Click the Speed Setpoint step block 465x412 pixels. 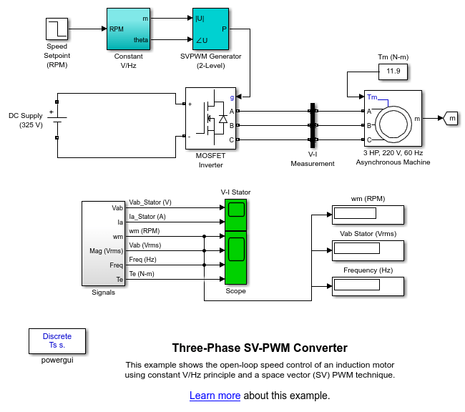pyautogui.click(x=57, y=29)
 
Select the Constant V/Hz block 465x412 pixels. pyautogui.click(x=128, y=29)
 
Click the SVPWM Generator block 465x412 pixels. pyautogui.click(x=210, y=29)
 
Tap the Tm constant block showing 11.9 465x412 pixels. pyautogui.click(x=393, y=72)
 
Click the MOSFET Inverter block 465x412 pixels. pyautogui.click(x=210, y=118)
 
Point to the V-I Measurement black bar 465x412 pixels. pyautogui.click(x=313, y=125)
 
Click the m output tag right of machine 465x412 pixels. pyautogui.click(x=451, y=118)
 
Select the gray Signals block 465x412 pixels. pyautogui.click(x=103, y=243)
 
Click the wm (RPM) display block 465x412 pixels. pyautogui.click(x=368, y=215)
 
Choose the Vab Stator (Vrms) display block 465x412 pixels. pyautogui.click(x=368, y=250)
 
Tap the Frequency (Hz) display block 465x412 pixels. pyautogui.click(x=368, y=286)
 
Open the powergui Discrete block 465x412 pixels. pyautogui.click(x=57, y=341)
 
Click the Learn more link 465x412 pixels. pyautogui.click(x=215, y=396)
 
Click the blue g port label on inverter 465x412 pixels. pyautogui.click(x=232, y=97)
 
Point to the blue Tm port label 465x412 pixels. pyautogui.click(x=372, y=97)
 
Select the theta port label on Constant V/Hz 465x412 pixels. pyautogui.click(x=140, y=40)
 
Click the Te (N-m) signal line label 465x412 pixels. pyautogui.click(x=142, y=274)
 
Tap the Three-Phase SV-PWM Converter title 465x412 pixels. pyautogui.click(x=260, y=348)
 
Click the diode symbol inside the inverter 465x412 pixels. pyautogui.click(x=223, y=119)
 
